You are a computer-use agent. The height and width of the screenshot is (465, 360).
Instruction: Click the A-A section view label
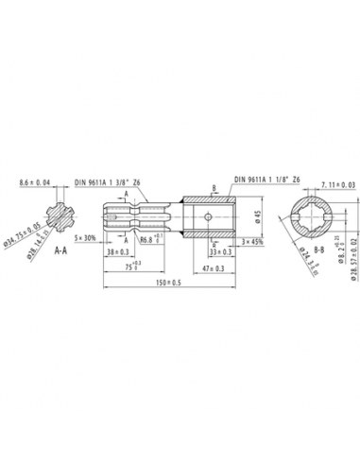pos(59,251)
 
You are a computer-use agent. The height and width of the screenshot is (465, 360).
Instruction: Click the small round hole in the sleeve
pos(208,217)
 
